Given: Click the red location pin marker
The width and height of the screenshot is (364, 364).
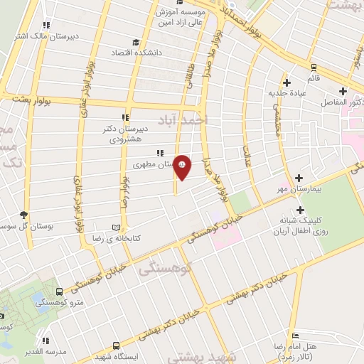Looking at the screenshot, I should (x=183, y=166).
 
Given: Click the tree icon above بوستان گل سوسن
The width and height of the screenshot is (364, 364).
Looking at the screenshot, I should (x=23, y=215).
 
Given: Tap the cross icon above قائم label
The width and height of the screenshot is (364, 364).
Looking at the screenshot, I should (x=286, y=81).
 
